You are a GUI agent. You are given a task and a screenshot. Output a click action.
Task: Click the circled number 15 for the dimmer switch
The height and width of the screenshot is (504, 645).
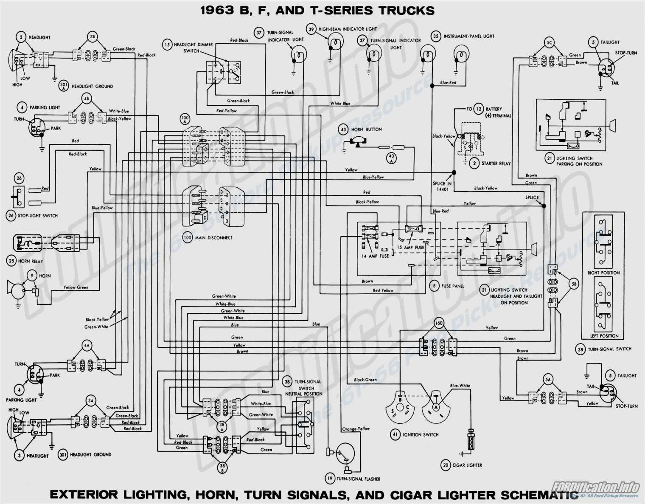tap(167, 45)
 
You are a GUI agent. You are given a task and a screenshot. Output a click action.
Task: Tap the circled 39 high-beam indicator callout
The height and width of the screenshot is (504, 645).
tap(311, 29)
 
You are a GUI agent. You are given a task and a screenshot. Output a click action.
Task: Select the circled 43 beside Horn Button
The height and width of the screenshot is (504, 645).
tap(343, 130)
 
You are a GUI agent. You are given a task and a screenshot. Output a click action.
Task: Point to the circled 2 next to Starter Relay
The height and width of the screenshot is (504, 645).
tap(474, 163)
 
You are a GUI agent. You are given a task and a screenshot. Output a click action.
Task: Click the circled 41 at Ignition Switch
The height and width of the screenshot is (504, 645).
tap(395, 434)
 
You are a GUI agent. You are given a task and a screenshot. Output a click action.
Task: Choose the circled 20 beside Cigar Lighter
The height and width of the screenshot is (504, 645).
tap(446, 465)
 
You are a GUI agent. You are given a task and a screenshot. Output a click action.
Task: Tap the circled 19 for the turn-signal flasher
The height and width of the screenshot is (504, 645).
tap(330, 479)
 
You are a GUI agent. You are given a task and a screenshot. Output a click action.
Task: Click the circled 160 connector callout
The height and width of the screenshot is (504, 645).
tap(439, 323)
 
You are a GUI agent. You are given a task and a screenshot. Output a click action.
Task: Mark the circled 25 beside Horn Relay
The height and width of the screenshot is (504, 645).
tap(11, 261)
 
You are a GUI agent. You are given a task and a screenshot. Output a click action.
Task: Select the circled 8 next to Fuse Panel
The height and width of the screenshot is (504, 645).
tap(434, 286)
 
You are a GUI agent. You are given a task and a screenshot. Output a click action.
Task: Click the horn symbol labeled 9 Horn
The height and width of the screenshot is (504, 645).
tap(17, 290)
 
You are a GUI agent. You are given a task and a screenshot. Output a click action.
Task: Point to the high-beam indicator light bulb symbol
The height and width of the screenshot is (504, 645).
tap(334, 43)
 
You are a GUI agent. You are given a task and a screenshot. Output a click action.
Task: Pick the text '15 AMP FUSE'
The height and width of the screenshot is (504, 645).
tap(410, 247)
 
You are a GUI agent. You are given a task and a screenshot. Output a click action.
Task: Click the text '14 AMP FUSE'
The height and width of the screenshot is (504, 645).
tap(375, 256)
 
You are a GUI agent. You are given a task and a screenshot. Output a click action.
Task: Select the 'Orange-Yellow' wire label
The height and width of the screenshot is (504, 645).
tap(356, 429)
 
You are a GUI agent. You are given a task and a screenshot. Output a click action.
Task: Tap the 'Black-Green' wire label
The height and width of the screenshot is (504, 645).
tap(365, 380)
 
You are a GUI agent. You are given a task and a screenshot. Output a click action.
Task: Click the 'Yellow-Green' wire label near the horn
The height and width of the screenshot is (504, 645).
tap(76, 287)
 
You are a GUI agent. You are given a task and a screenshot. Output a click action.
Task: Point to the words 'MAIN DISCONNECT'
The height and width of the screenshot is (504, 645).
tap(214, 238)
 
